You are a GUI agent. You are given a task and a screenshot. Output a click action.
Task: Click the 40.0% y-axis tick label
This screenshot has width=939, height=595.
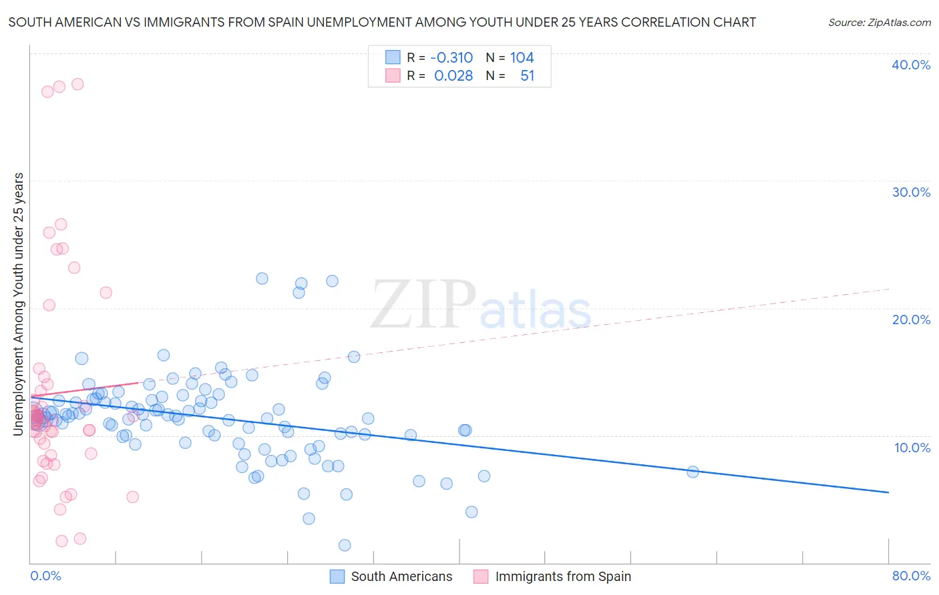[x=911, y=65]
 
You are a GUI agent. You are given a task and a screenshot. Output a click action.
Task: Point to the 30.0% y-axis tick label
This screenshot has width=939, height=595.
[x=911, y=192]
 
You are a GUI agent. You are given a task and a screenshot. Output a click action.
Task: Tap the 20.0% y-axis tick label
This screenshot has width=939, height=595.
[x=911, y=320]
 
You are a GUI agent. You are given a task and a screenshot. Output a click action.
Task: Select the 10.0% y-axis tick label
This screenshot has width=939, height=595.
[x=912, y=448]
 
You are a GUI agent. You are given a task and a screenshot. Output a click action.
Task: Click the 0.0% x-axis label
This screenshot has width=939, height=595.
[x=45, y=576]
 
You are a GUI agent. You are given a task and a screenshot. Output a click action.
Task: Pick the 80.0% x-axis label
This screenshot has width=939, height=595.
[x=911, y=576]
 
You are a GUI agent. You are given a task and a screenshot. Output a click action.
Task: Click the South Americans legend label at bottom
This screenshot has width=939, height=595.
[x=401, y=576]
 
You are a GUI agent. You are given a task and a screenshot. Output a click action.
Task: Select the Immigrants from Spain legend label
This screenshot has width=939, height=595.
[x=563, y=576]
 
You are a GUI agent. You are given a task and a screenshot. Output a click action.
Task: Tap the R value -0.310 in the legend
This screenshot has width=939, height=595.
[x=451, y=58]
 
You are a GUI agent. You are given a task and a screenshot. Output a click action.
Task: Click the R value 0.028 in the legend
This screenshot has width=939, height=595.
[x=453, y=76]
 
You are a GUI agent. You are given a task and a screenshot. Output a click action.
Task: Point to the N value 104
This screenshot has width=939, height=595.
[x=522, y=58]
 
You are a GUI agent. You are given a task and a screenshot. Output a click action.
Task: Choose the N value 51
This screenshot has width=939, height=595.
[x=528, y=76]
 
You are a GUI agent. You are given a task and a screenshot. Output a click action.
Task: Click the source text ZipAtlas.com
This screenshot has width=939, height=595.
[x=880, y=23]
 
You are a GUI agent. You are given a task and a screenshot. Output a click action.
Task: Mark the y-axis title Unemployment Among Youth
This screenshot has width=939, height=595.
[x=19, y=304]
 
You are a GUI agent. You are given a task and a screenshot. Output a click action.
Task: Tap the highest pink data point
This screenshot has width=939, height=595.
[x=77, y=84]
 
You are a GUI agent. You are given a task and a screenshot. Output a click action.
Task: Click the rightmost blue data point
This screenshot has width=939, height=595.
[x=693, y=472]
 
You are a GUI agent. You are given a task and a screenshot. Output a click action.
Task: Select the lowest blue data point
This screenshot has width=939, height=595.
[x=345, y=545]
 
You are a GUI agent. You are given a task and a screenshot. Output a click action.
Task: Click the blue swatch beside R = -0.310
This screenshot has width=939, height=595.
[x=393, y=58]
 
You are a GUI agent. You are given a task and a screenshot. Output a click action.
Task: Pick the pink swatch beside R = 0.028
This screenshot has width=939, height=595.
[x=393, y=76]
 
